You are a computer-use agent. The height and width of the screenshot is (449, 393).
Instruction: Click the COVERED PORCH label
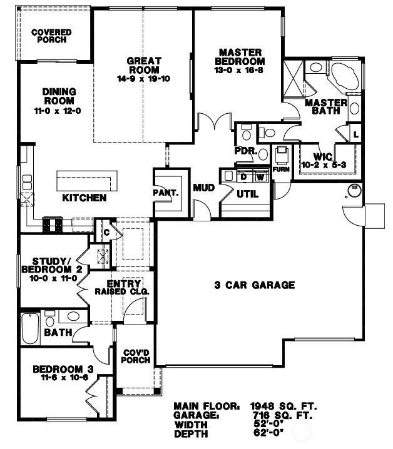51,36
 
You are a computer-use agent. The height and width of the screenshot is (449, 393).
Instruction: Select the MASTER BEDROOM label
240,56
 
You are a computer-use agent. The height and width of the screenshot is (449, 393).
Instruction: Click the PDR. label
243,151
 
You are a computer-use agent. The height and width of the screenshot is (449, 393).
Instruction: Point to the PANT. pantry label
166,193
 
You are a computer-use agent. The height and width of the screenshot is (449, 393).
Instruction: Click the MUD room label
203,187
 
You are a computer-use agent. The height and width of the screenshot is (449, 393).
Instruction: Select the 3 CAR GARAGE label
254,285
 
